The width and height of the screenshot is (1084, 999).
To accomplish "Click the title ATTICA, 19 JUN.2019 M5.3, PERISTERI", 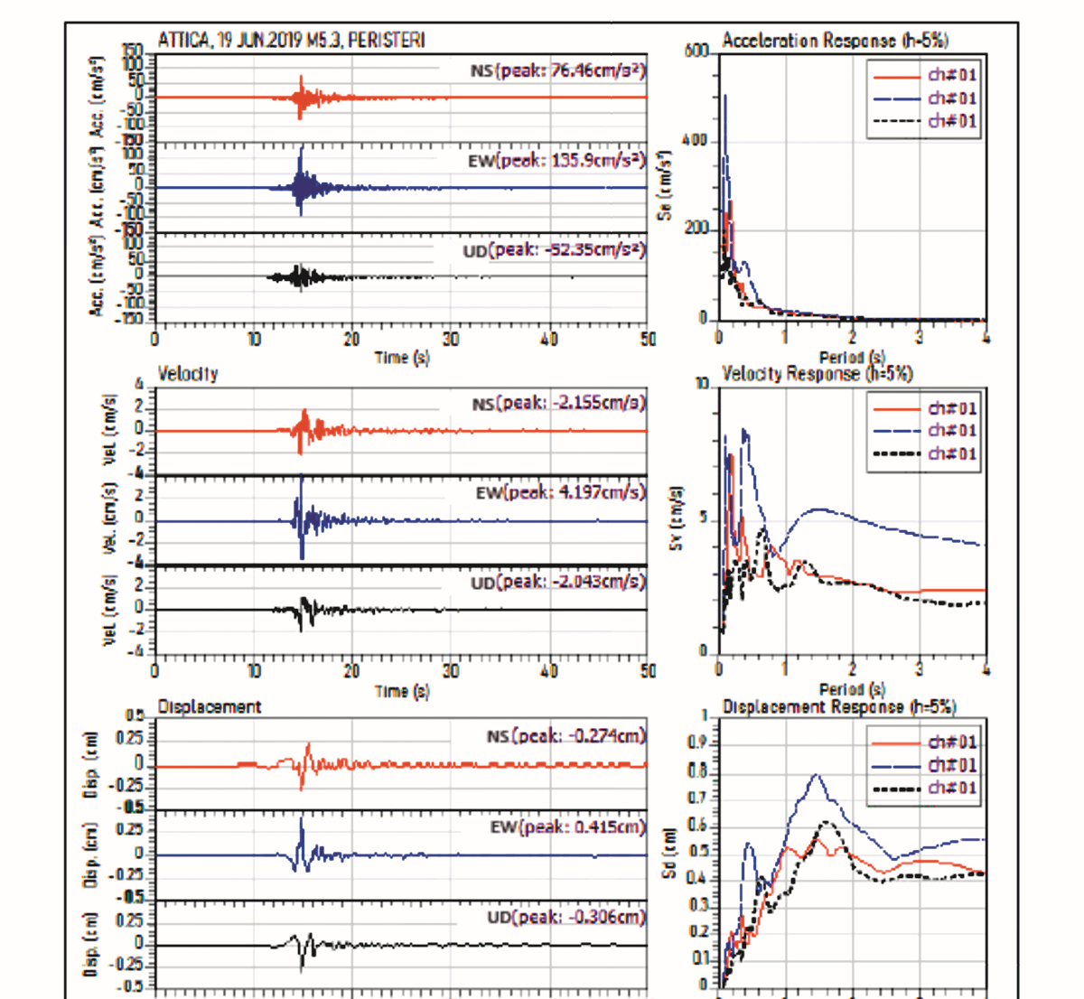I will [x=291, y=41].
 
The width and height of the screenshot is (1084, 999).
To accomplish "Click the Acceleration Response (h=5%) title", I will [x=835, y=41].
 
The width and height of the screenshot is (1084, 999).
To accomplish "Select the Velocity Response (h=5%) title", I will [x=817, y=373].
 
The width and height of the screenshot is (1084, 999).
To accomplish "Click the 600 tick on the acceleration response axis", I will [x=696, y=51].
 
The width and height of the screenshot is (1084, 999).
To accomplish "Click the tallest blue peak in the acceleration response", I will [x=724, y=95].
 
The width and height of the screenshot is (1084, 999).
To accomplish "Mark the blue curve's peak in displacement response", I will [x=817, y=774].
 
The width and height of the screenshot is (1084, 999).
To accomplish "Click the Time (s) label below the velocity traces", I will [x=402, y=692].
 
